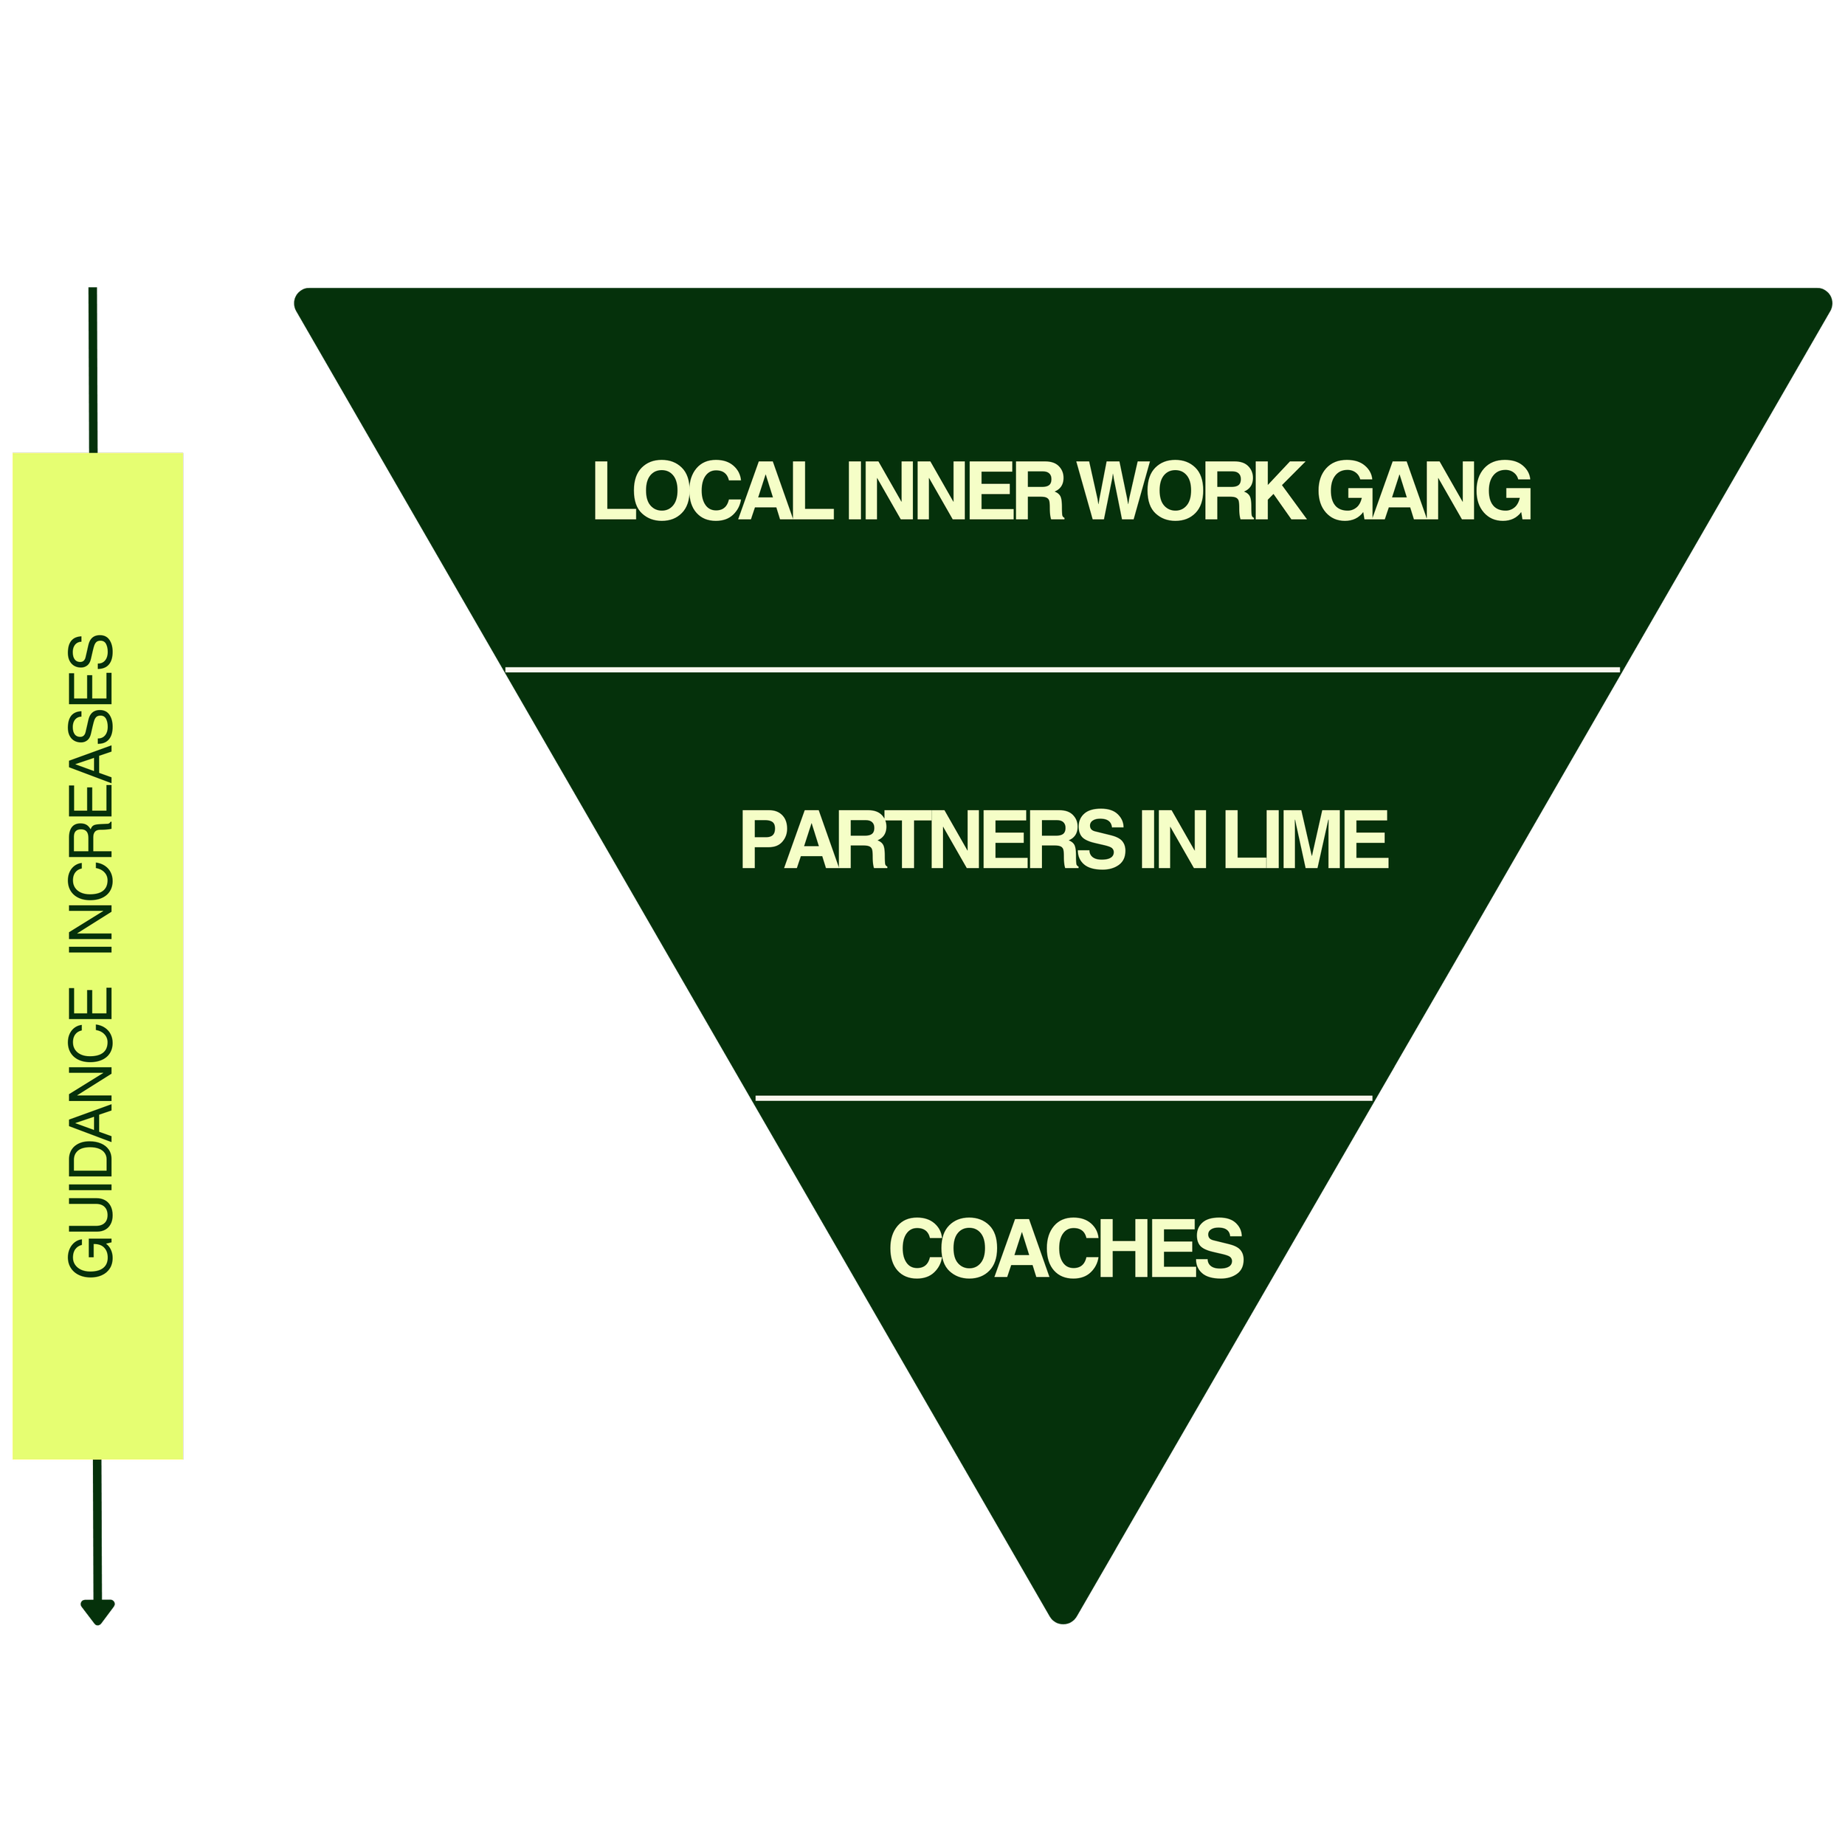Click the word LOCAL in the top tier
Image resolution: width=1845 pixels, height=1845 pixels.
pyautogui.click(x=711, y=492)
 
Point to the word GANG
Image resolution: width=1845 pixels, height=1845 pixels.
pyautogui.click(x=1424, y=492)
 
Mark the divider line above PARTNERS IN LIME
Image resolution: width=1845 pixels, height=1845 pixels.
pyautogui.click(x=1062, y=670)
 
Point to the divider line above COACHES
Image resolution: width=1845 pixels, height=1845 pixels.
pyautogui.click(x=1063, y=1099)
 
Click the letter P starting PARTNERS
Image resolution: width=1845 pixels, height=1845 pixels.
pyautogui.click(x=762, y=841)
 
